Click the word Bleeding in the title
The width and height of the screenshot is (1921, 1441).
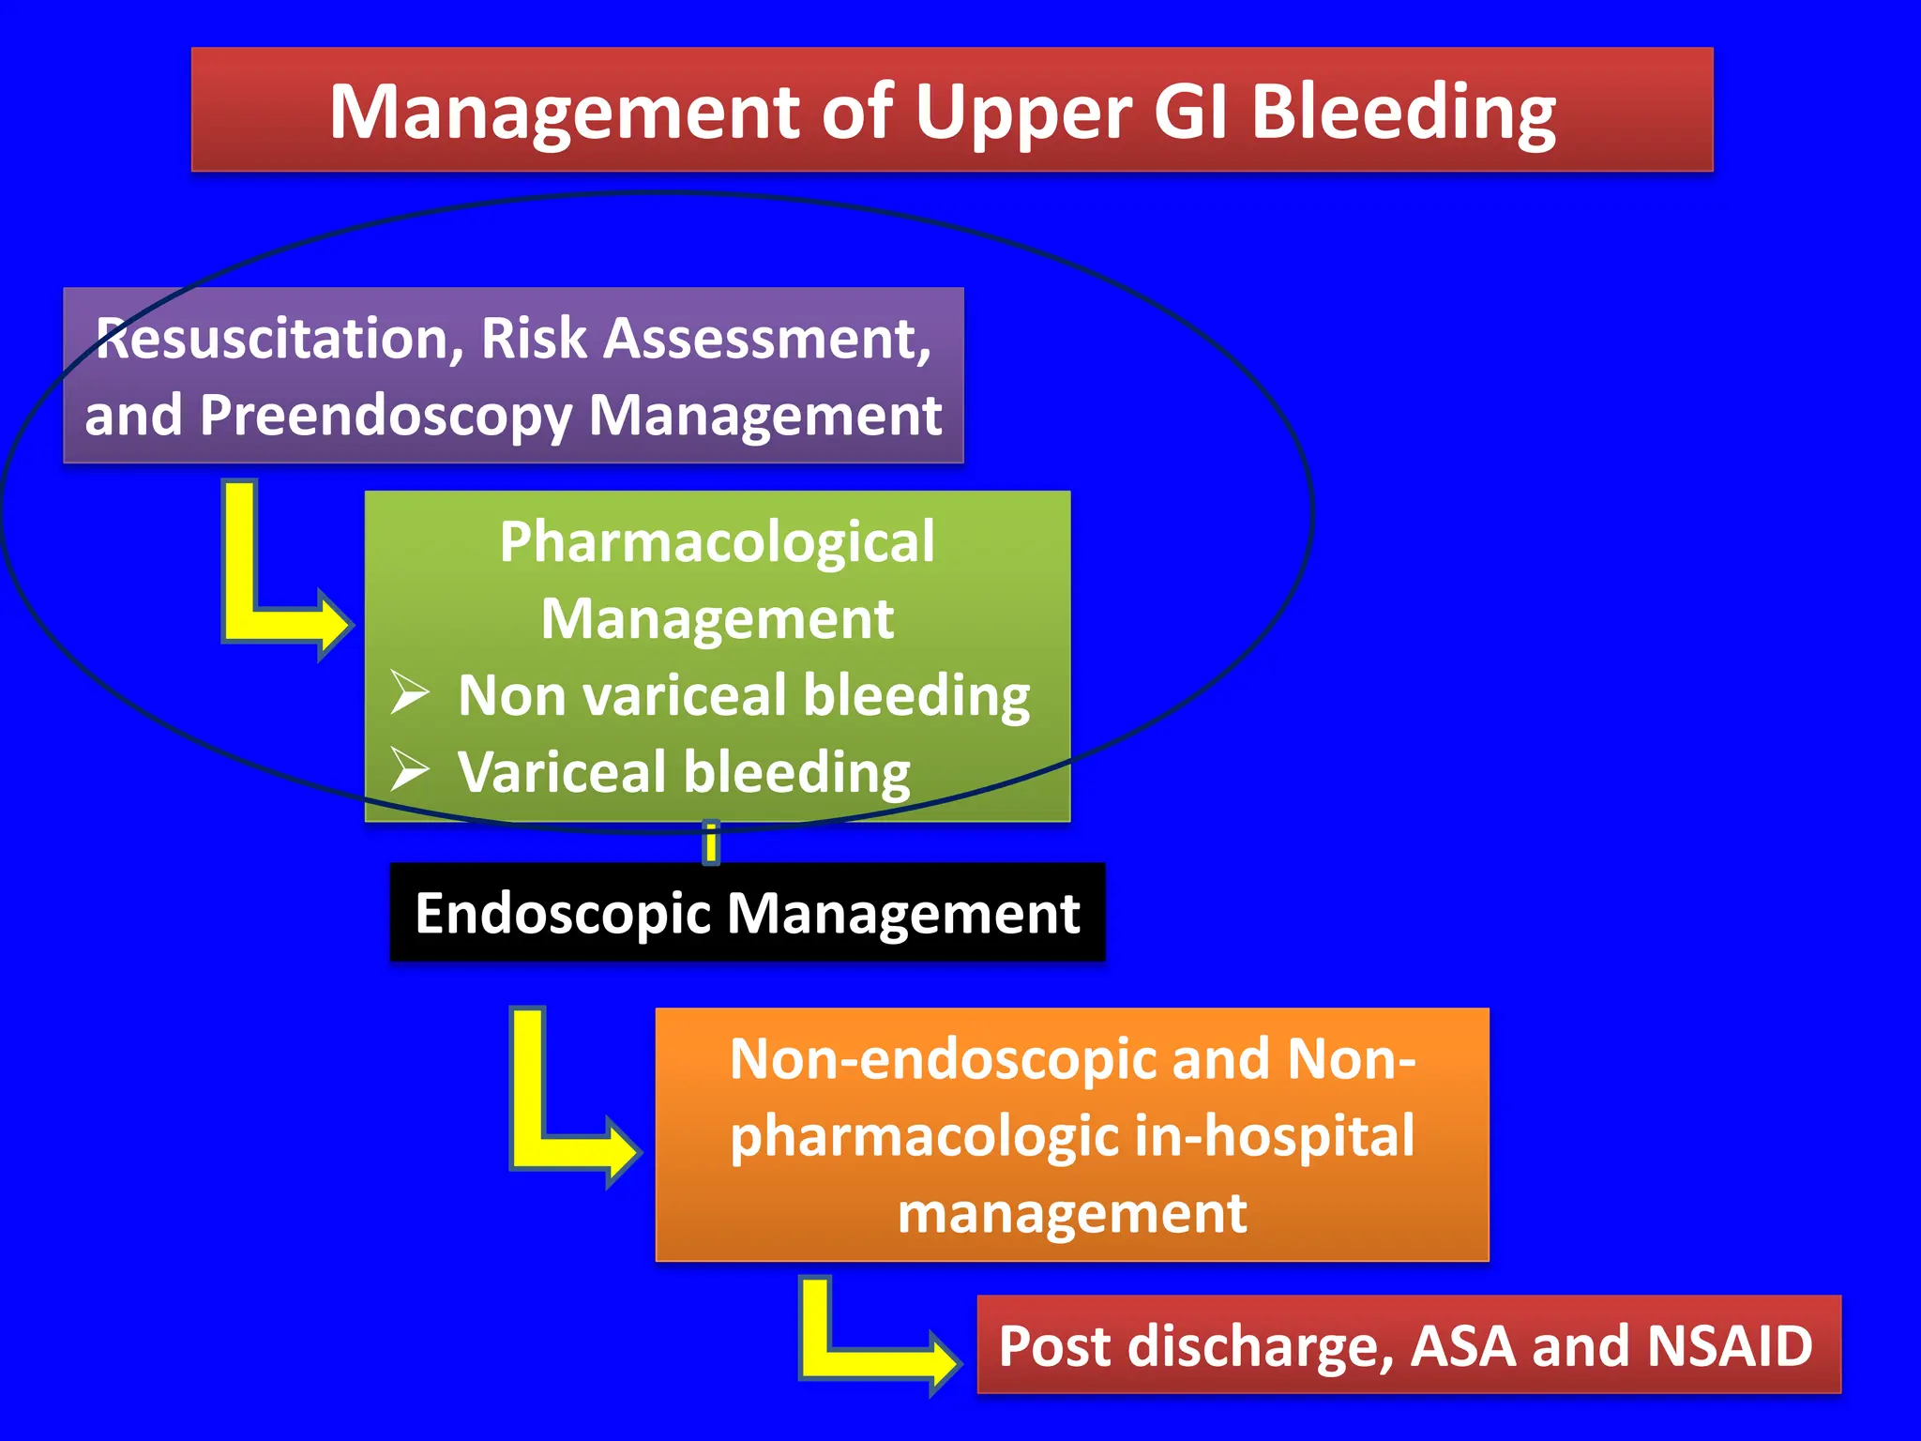[x=1403, y=113]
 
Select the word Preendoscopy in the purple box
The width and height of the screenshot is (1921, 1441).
[x=386, y=416]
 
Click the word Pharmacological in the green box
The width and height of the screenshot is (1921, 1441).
[x=717, y=542]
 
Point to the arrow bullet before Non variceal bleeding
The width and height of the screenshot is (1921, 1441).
[x=409, y=694]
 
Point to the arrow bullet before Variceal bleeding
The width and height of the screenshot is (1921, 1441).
[x=409, y=770]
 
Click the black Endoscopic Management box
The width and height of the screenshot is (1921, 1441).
[x=747, y=913]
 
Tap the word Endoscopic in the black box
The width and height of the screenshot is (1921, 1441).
[x=563, y=915]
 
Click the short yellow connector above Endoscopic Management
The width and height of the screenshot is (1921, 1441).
[x=711, y=842]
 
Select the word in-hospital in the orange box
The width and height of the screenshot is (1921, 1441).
[x=1274, y=1136]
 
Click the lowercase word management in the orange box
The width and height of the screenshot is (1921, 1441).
[x=1071, y=1213]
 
